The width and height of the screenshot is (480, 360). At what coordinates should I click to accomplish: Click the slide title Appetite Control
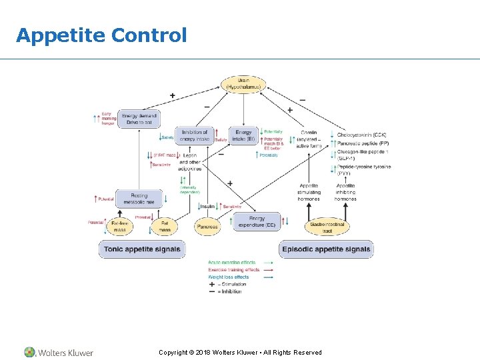[101, 35]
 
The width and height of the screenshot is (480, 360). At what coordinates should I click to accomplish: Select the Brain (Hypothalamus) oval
[243, 84]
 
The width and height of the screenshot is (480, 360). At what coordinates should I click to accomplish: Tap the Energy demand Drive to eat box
[138, 119]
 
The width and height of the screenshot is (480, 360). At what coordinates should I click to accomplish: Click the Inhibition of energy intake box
[195, 135]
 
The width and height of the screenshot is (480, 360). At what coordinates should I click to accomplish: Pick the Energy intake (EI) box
[243, 135]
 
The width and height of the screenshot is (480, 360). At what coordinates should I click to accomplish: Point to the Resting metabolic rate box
[138, 199]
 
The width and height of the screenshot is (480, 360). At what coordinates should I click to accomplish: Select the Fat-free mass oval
[119, 226]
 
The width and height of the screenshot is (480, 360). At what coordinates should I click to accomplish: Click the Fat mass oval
[164, 226]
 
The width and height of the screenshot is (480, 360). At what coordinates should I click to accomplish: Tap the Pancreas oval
[207, 227]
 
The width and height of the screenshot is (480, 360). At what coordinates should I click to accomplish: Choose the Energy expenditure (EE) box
[257, 222]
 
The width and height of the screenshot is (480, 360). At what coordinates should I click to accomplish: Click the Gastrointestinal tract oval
[327, 227]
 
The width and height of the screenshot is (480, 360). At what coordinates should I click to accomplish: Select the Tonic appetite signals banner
[142, 249]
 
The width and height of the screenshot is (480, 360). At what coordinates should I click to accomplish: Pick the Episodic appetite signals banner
[326, 249]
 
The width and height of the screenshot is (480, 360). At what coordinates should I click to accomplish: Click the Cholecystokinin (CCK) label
[361, 135]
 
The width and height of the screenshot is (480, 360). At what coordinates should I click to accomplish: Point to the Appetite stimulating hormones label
[309, 192]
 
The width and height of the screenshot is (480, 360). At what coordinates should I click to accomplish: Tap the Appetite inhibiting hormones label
[345, 192]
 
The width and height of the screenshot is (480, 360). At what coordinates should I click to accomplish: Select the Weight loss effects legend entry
[228, 277]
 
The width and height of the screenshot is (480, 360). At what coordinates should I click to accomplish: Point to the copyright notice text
[240, 352]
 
